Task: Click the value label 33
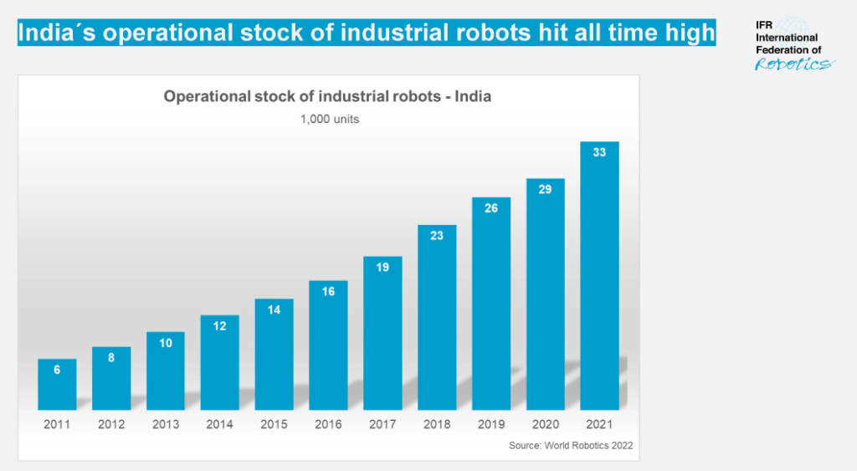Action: (599, 153)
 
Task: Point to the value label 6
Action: (57, 369)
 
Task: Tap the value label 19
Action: (382, 268)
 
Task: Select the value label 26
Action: (491, 207)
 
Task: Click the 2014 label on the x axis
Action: (219, 424)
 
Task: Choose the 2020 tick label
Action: (545, 424)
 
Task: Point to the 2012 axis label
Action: (111, 424)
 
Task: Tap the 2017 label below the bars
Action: (382, 424)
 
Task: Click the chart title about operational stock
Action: (327, 96)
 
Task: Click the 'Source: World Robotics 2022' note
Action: (571, 446)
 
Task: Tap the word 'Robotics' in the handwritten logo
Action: (792, 64)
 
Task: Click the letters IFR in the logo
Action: (765, 27)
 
